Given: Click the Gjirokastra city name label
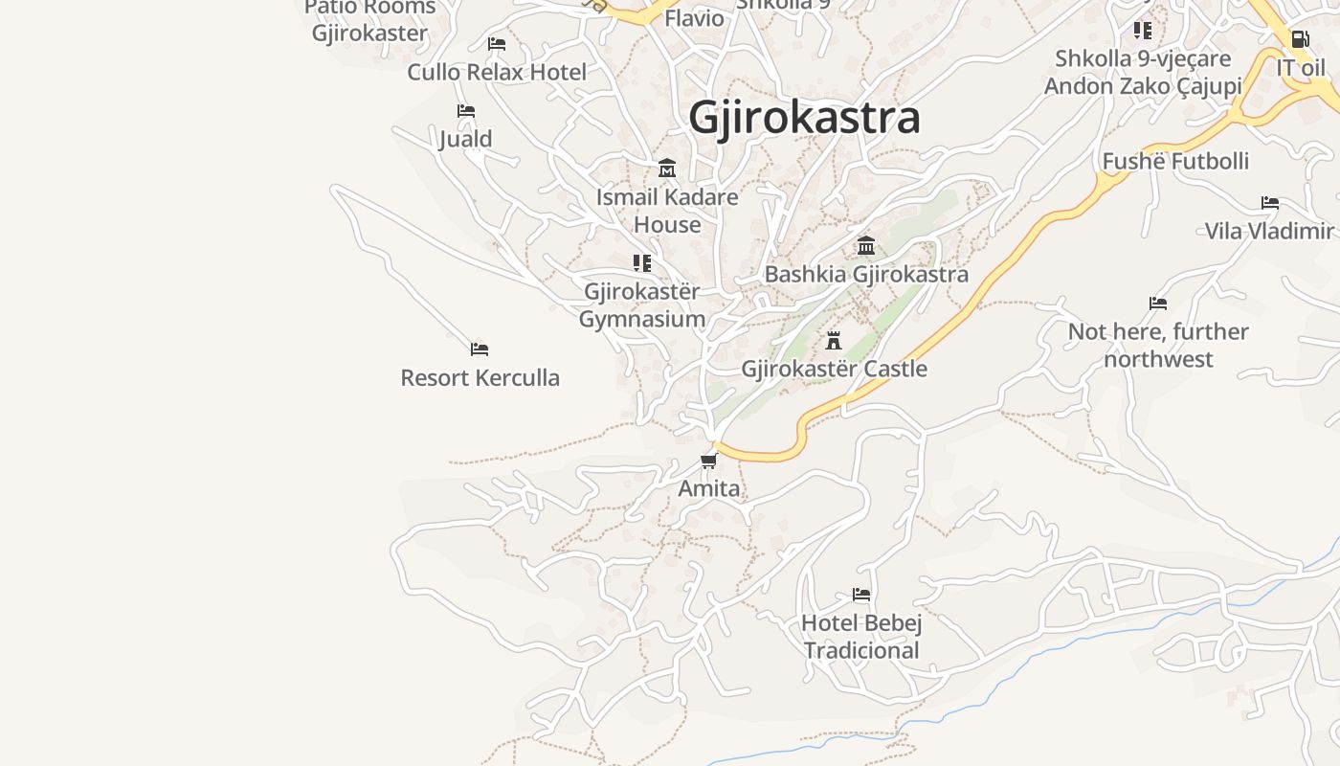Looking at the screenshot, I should (x=804, y=118).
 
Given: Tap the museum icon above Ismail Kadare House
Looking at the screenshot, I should (x=667, y=169).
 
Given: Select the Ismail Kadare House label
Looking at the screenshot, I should (x=667, y=211).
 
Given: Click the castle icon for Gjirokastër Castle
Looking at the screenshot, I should (x=834, y=340).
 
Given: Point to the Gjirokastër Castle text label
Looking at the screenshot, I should (x=834, y=369).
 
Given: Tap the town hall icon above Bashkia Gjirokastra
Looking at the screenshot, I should (x=866, y=246).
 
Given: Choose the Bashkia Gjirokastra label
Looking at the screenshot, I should (x=866, y=275).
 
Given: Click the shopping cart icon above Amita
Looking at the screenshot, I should (x=708, y=462).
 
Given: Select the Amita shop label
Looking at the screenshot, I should (x=709, y=488).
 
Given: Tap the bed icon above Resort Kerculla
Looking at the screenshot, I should (x=480, y=349).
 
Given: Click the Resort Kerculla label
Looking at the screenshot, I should (x=480, y=377).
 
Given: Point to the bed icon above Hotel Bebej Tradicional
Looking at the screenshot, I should (x=861, y=595).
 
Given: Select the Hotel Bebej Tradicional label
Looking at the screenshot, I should (x=861, y=637).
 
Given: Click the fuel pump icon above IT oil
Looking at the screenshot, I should (x=1300, y=40).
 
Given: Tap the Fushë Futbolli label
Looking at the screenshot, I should (x=1175, y=161).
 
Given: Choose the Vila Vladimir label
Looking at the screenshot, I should (x=1269, y=231).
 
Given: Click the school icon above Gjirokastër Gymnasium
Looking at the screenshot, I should (x=642, y=262).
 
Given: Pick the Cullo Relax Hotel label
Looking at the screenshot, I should (x=497, y=72).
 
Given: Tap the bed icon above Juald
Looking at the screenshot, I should (x=466, y=111).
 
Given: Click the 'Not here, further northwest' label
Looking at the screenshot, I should (x=1158, y=345).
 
